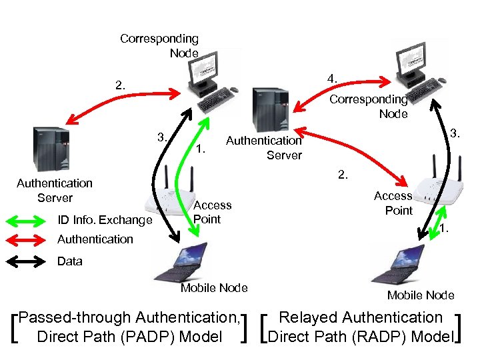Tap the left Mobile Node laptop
(185, 260)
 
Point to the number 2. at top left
(119, 85)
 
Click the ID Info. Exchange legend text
(105, 220)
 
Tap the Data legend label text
(70, 261)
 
